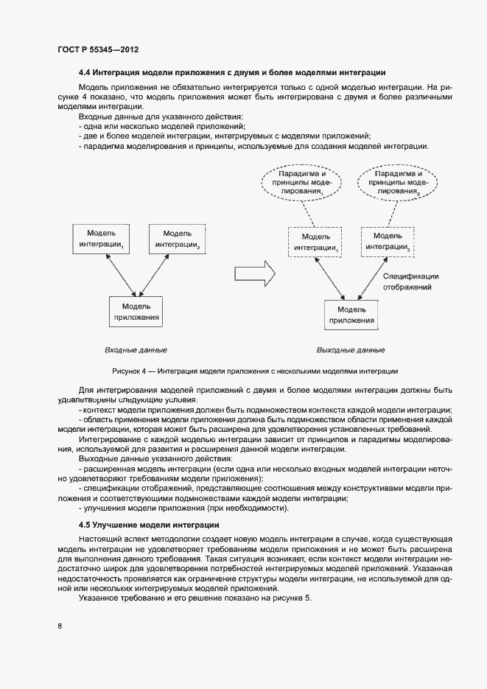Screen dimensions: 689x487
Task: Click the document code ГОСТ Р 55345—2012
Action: point(97,49)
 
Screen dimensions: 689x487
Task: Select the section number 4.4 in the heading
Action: point(86,72)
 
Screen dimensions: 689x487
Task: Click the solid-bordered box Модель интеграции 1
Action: point(102,237)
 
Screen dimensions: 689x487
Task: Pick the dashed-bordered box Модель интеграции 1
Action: point(315,242)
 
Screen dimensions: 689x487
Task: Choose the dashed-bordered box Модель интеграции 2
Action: point(388,242)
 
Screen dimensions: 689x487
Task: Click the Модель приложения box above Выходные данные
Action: point(351,315)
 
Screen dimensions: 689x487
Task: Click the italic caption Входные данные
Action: point(136,349)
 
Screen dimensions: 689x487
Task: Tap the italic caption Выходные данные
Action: point(351,350)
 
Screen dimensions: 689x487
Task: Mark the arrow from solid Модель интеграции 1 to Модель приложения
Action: point(118,274)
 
